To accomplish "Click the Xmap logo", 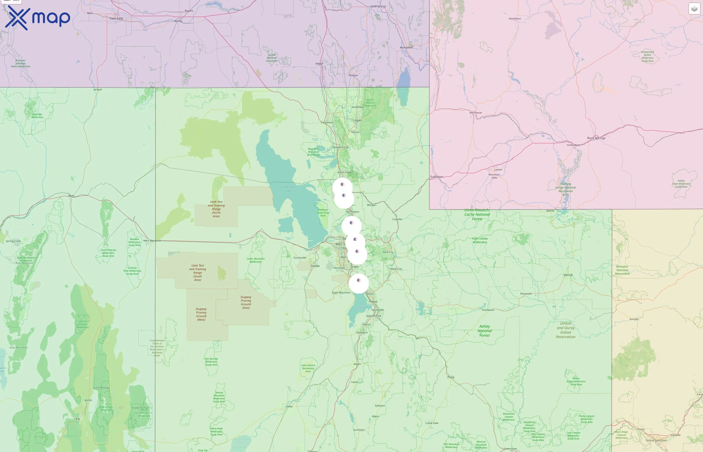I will pyautogui.click(x=38, y=18).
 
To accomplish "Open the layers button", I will pyautogui.click(x=694, y=9).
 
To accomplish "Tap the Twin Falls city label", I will pyautogui.click(x=116, y=19).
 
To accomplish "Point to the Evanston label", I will pyautogui.click(x=437, y=177).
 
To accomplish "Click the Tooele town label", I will pyautogui.click(x=315, y=266).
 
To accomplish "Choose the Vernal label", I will pyautogui.click(x=568, y=275).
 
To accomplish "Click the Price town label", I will pyautogui.click(x=451, y=377).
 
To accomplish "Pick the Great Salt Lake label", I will pyautogui.click(x=288, y=189).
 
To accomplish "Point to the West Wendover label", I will pyautogui.click(x=152, y=241).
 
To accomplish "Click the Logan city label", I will pyautogui.click(x=357, y=120).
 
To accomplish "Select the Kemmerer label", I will pyautogui.click(x=476, y=113).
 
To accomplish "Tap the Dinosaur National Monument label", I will pyautogui.click(x=622, y=270).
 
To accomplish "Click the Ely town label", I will pyautogui.click(x=78, y=419).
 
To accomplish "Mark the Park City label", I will pyautogui.click(x=388, y=252).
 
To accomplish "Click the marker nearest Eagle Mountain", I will pyautogui.click(x=359, y=280).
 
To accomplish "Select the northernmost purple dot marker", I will pyautogui.click(x=342, y=184).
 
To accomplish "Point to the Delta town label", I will pyautogui.click(x=289, y=407).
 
